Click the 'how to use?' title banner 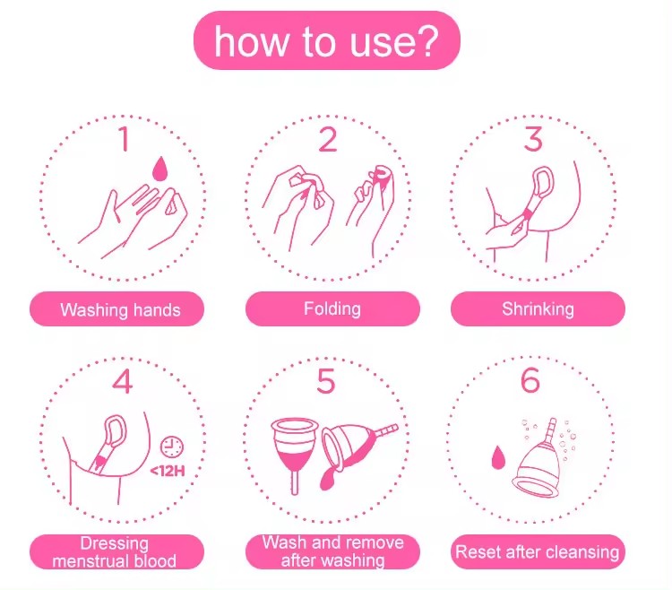pos(326,40)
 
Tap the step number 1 pos(125,138)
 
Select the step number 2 pos(328,139)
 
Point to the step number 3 pos(533,138)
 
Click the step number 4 pos(122,381)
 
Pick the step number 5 pos(326,381)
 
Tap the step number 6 pos(530,380)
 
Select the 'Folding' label pos(332,308)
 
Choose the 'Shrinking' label pos(538,308)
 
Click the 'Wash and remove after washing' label pos(332,551)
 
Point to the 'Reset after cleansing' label pos(538,551)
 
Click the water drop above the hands pos(159,169)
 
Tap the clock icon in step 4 pos(172,447)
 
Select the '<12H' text pos(168,472)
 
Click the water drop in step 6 pos(497,458)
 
